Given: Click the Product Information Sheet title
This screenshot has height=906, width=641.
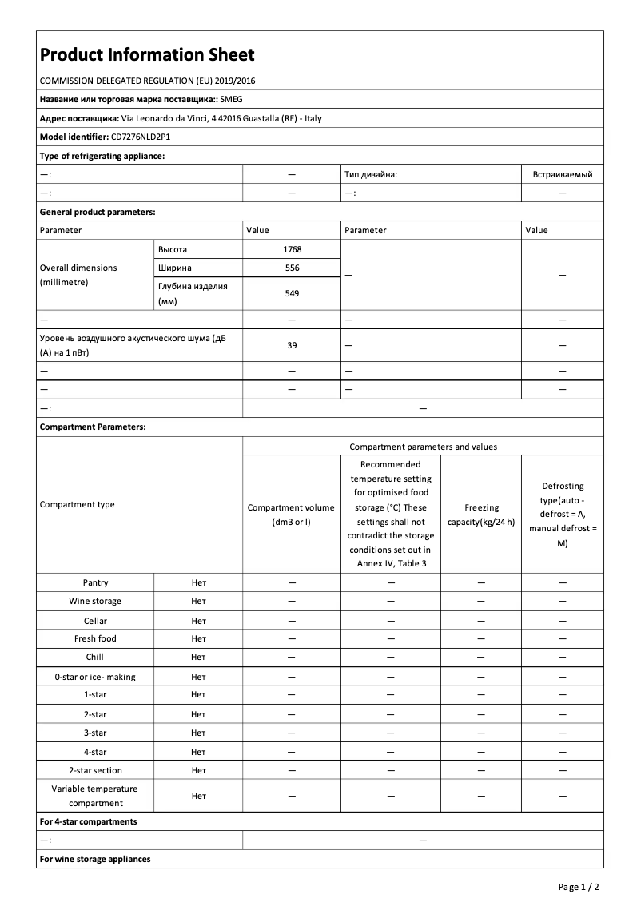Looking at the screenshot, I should [x=147, y=54].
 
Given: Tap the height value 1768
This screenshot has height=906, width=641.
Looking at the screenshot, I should [x=292, y=249].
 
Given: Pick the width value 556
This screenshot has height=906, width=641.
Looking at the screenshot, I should [x=292, y=268].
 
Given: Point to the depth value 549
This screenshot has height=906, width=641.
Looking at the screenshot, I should [x=292, y=293].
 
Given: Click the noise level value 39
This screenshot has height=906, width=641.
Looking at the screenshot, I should [x=292, y=345].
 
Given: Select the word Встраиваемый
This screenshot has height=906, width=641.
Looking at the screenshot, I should [x=562, y=173].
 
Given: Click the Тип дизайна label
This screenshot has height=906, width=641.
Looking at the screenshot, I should [x=370, y=173].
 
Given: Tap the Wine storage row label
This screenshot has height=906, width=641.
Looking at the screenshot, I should [x=95, y=601].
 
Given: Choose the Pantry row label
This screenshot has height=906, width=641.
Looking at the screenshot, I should [x=95, y=582].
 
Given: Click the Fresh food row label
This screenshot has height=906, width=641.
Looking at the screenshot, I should [x=95, y=638].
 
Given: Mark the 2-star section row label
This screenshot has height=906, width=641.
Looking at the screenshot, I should [x=95, y=770].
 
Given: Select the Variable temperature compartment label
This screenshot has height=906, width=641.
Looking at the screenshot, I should [x=95, y=796].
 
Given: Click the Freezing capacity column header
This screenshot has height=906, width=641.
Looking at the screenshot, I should [x=481, y=515].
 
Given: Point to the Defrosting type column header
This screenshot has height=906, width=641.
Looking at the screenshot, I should [x=562, y=515].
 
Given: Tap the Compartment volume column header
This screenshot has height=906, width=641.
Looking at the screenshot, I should [x=292, y=515].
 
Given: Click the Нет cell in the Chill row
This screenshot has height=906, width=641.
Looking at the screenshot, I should [x=198, y=657].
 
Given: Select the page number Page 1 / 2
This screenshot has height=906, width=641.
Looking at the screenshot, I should [x=578, y=887].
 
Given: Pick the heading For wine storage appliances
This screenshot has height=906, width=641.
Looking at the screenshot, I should [x=95, y=859].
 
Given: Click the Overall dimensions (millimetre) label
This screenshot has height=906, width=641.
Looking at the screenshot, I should [x=78, y=275].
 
